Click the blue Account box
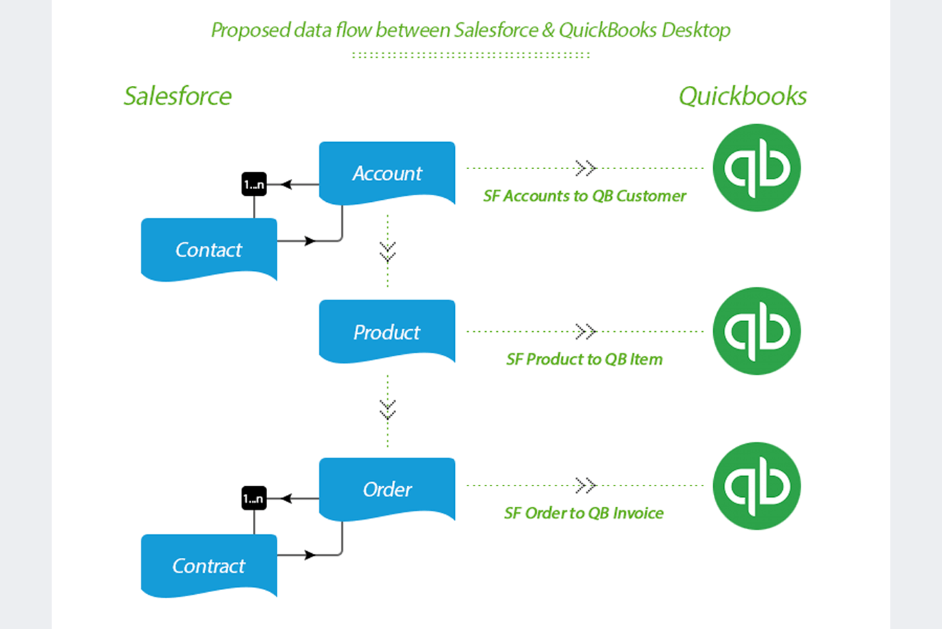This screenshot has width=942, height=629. click(387, 172)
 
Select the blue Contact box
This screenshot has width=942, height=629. click(209, 249)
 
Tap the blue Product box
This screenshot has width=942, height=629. click(387, 331)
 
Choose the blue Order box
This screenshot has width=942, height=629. click(387, 489)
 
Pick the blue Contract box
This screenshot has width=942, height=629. click(209, 565)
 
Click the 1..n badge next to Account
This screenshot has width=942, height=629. click(254, 184)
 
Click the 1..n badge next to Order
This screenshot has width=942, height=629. click(254, 498)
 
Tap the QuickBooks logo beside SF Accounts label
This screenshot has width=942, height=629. click(756, 168)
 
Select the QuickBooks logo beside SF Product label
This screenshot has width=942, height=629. click(756, 331)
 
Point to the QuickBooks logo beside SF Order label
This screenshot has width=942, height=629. click(756, 485)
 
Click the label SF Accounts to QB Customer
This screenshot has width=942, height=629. click(584, 196)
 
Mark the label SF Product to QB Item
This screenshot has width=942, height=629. click(584, 359)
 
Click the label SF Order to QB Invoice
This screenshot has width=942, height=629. click(584, 513)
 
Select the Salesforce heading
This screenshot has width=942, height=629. click(178, 96)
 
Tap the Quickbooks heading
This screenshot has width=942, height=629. click(743, 96)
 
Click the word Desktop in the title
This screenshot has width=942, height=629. click(696, 30)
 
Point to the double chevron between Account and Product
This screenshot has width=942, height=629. click(387, 251)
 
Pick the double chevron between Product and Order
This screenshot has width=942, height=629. click(387, 409)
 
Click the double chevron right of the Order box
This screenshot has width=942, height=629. click(585, 485)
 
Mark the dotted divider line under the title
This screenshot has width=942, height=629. click(471, 55)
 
